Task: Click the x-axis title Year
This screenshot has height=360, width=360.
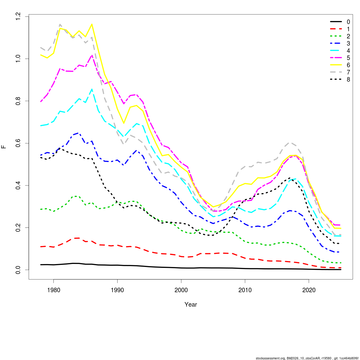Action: [191, 304]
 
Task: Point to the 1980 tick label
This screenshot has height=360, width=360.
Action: [53, 290]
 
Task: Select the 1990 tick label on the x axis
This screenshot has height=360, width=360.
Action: [117, 290]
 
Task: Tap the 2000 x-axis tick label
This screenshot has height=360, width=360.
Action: [181, 290]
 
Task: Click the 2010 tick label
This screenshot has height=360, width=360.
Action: [245, 290]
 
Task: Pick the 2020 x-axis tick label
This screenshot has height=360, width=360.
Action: [309, 290]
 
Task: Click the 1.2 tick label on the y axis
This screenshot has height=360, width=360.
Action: [18, 16]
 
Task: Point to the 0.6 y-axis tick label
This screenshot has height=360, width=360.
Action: [18, 143]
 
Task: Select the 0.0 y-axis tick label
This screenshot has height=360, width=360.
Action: [18, 270]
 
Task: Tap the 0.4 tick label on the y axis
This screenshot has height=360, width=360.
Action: [18, 185]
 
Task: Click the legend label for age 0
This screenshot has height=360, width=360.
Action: [348, 22]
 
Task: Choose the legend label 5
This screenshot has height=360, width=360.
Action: [348, 58]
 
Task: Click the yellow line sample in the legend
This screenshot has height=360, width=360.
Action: [336, 65]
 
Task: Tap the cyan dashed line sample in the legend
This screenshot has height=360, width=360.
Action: [336, 51]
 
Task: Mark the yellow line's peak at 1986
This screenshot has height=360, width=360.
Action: [92, 24]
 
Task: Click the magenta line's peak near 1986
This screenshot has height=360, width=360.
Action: [92, 55]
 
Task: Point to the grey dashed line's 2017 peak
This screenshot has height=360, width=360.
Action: [290, 143]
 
